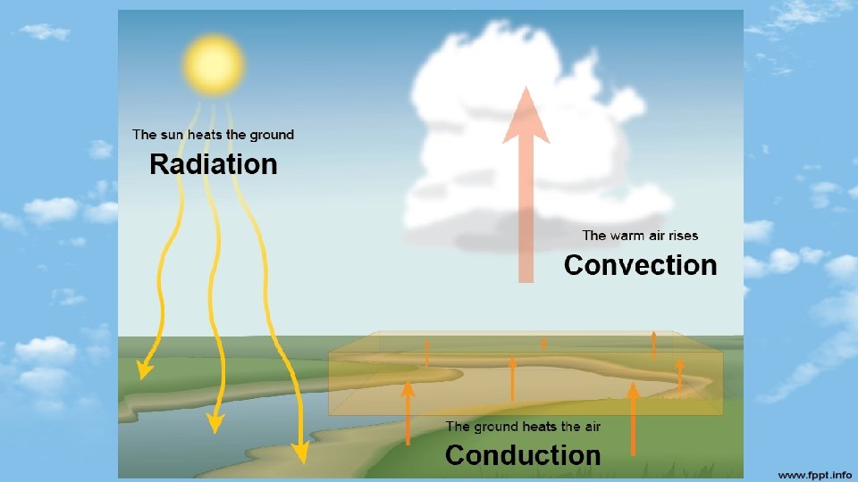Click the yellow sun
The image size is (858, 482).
(x=213, y=63)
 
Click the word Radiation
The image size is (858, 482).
(x=214, y=164)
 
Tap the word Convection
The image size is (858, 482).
(x=640, y=265)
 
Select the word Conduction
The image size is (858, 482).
(x=523, y=455)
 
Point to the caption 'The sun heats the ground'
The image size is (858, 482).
(x=213, y=135)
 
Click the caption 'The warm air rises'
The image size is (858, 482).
(x=640, y=236)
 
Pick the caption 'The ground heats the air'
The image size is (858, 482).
(x=523, y=427)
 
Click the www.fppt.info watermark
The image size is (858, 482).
(x=814, y=473)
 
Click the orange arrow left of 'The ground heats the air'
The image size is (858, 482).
(x=408, y=411)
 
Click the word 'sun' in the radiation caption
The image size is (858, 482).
(x=174, y=135)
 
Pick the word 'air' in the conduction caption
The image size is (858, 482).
(x=591, y=427)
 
